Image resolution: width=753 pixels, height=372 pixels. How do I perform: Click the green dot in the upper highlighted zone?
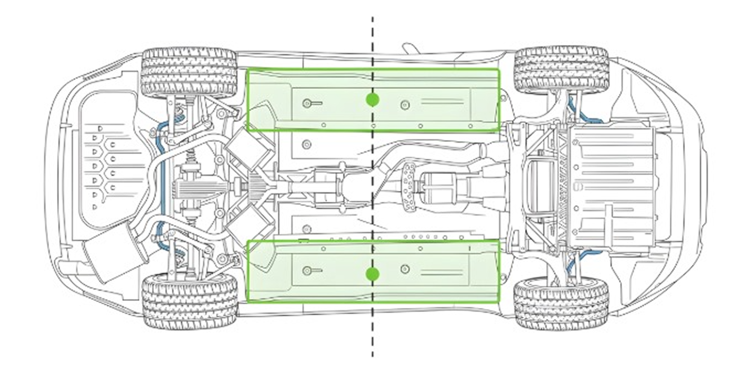(372, 99)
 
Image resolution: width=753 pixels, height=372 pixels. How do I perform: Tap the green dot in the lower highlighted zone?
(372, 274)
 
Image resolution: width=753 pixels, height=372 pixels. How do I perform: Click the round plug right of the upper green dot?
(405, 105)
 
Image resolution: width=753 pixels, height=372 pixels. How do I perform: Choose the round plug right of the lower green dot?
(405, 269)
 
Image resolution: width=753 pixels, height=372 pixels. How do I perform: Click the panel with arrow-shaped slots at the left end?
(108, 167)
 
